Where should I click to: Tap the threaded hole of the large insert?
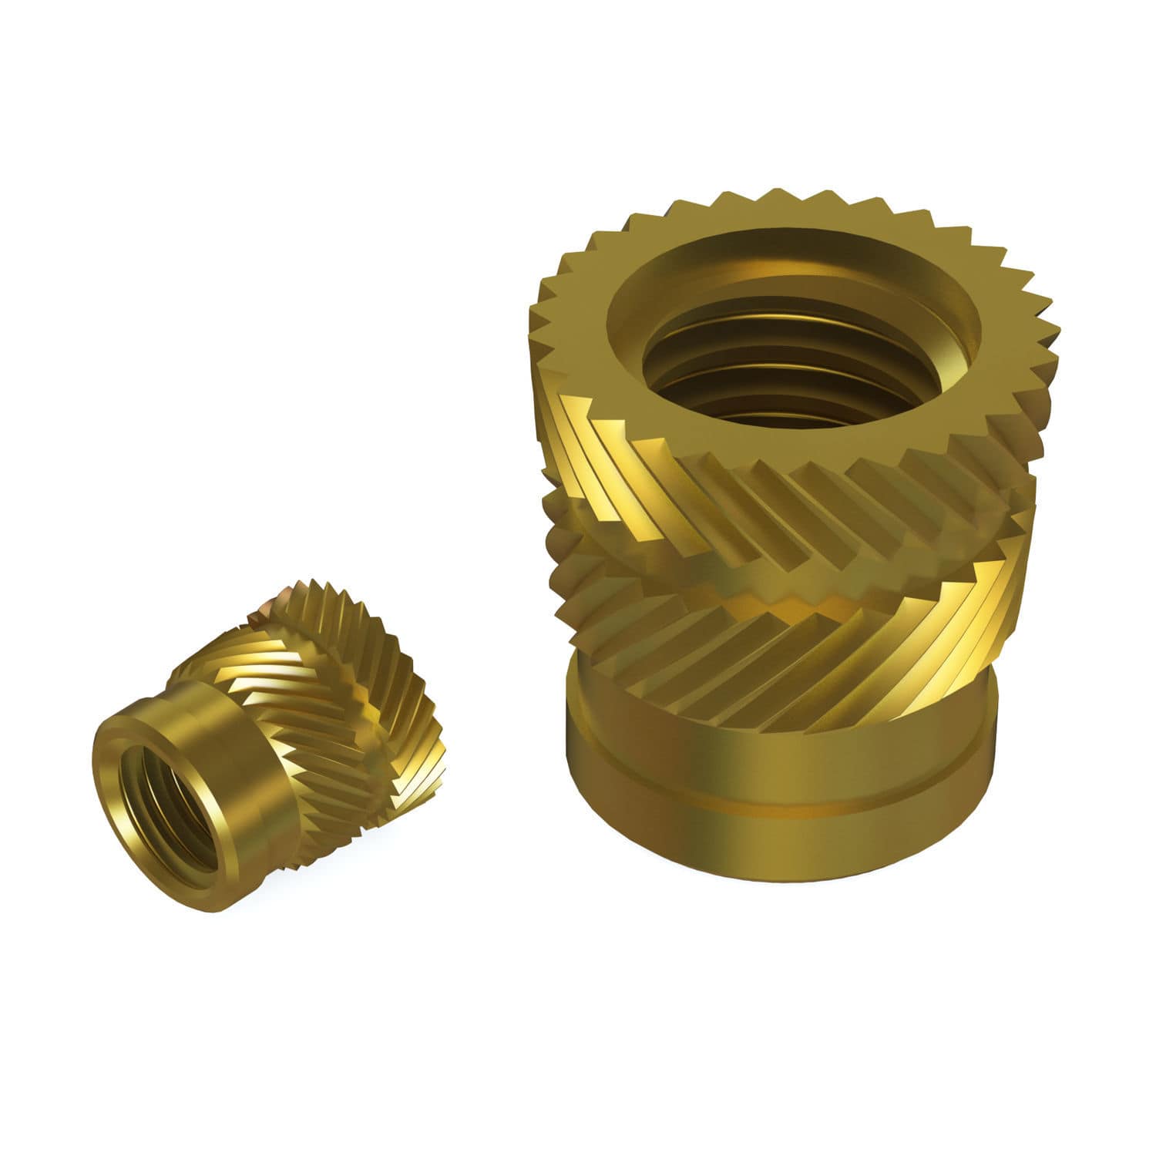click(794, 362)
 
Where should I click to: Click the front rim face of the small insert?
click(116, 771)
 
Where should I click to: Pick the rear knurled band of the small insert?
click(347, 640)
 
